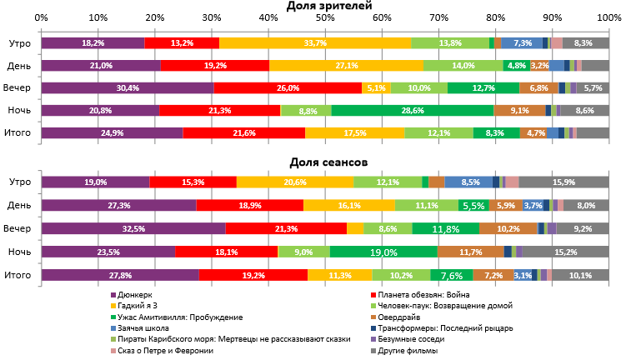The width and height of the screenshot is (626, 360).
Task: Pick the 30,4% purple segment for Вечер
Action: tap(128, 87)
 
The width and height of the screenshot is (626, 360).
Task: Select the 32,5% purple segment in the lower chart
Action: tap(133, 228)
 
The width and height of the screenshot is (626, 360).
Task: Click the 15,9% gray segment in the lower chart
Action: tap(564, 182)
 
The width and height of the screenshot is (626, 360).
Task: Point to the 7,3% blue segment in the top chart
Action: tap(523, 43)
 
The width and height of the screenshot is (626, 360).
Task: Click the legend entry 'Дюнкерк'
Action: tap(137, 294)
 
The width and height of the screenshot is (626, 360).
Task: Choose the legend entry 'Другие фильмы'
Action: tap(407, 351)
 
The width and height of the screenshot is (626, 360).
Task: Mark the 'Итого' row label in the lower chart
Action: tap(18, 274)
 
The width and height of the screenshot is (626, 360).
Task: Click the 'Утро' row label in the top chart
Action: tap(20, 43)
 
